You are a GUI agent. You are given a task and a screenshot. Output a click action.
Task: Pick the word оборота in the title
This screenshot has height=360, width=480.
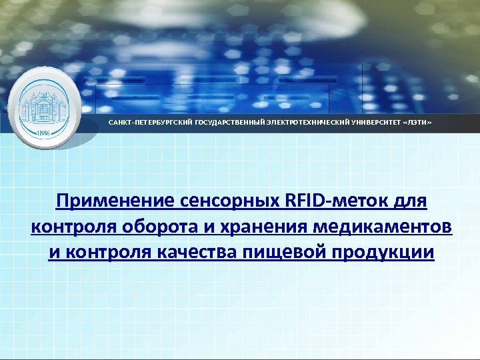tap(165, 227)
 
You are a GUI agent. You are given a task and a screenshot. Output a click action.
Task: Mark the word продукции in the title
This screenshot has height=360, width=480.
tap(386, 253)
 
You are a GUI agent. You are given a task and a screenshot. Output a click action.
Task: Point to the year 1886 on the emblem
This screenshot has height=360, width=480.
tap(43, 132)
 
